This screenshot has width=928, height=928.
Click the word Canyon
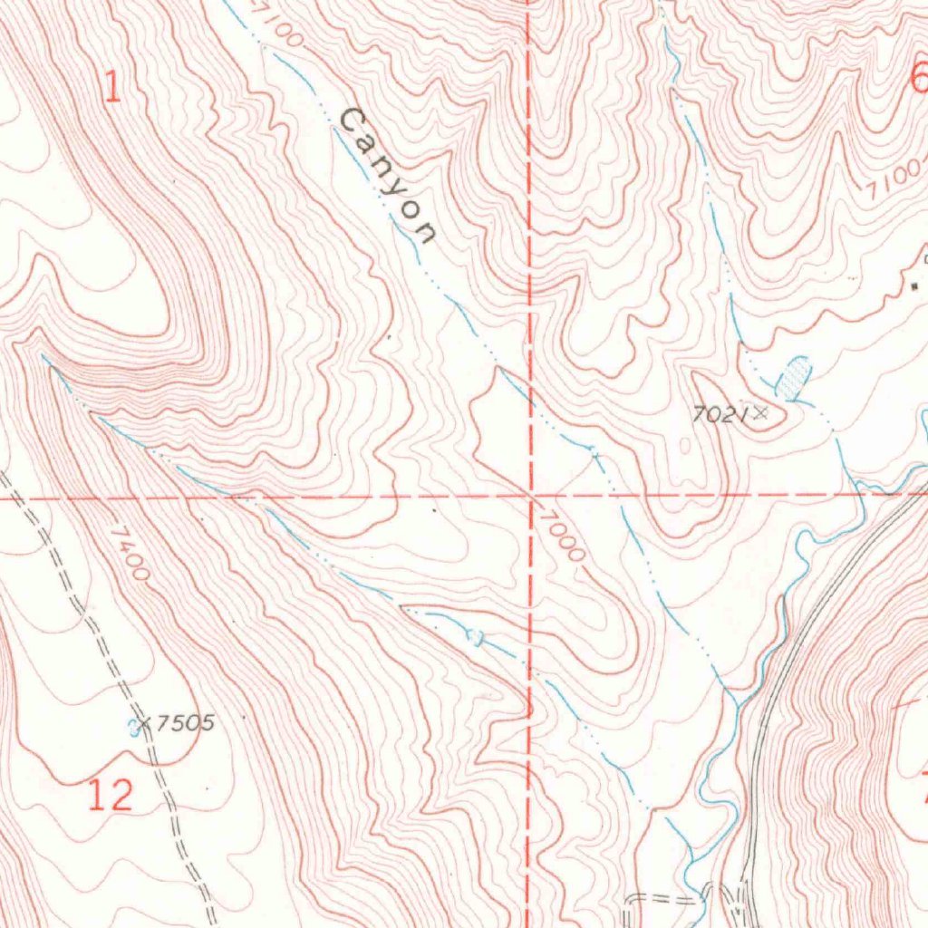coord(388,178)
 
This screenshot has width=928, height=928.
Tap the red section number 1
coord(111,88)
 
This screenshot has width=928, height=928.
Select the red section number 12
coord(111,795)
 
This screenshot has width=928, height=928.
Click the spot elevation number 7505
coord(185,723)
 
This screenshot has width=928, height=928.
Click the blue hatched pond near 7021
coord(795,376)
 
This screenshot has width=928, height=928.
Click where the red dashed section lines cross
coord(530,496)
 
